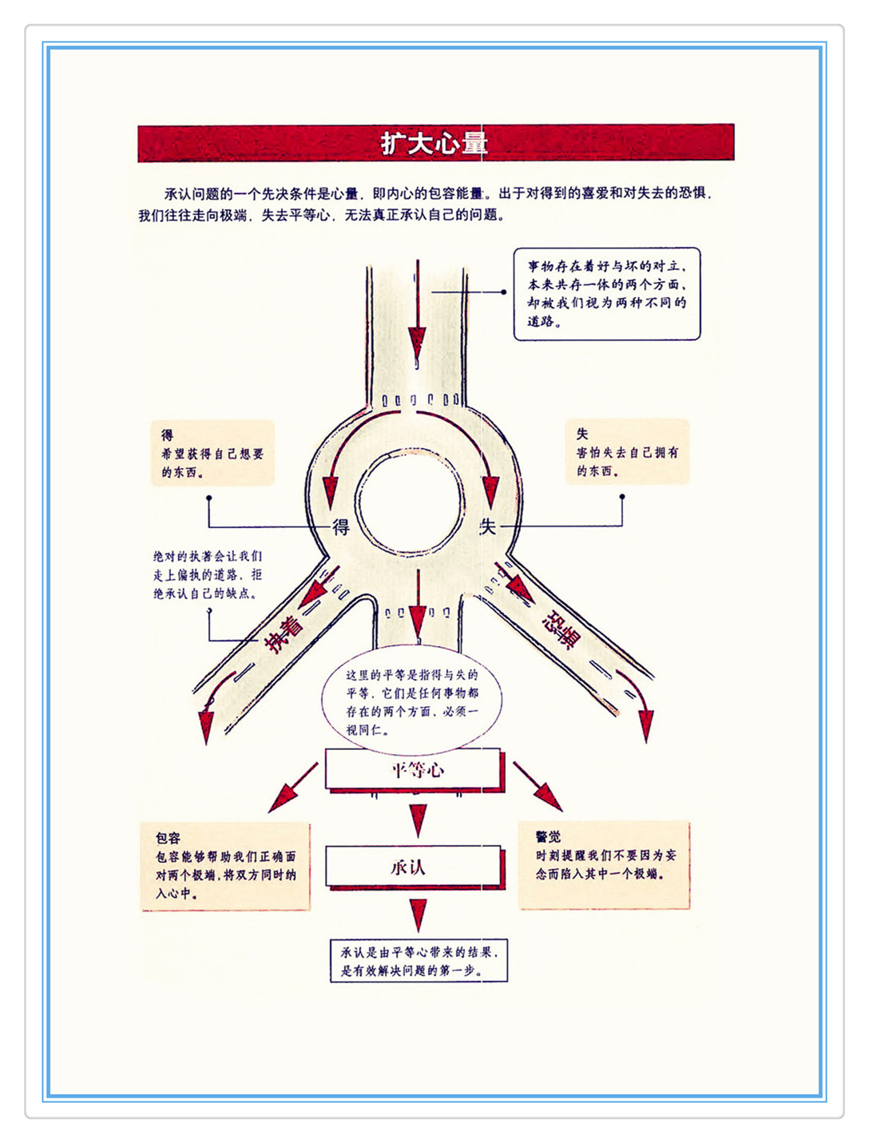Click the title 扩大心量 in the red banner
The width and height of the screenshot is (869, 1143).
point(433,143)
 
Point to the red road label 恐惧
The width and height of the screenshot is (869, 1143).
point(561,629)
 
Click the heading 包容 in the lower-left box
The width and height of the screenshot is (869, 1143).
point(169,837)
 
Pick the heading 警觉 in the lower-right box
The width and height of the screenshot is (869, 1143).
point(549,836)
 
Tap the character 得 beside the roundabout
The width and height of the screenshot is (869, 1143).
point(341,527)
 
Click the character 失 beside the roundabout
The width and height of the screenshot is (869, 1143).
point(487,526)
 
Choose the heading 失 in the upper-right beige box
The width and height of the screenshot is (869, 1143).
point(582,434)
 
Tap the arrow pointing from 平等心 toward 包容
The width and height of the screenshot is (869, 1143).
point(292,787)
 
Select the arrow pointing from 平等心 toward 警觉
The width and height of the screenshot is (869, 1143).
point(538,786)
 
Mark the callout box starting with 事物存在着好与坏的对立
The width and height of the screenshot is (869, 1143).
point(606,294)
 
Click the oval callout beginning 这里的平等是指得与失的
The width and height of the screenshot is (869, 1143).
point(411,701)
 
